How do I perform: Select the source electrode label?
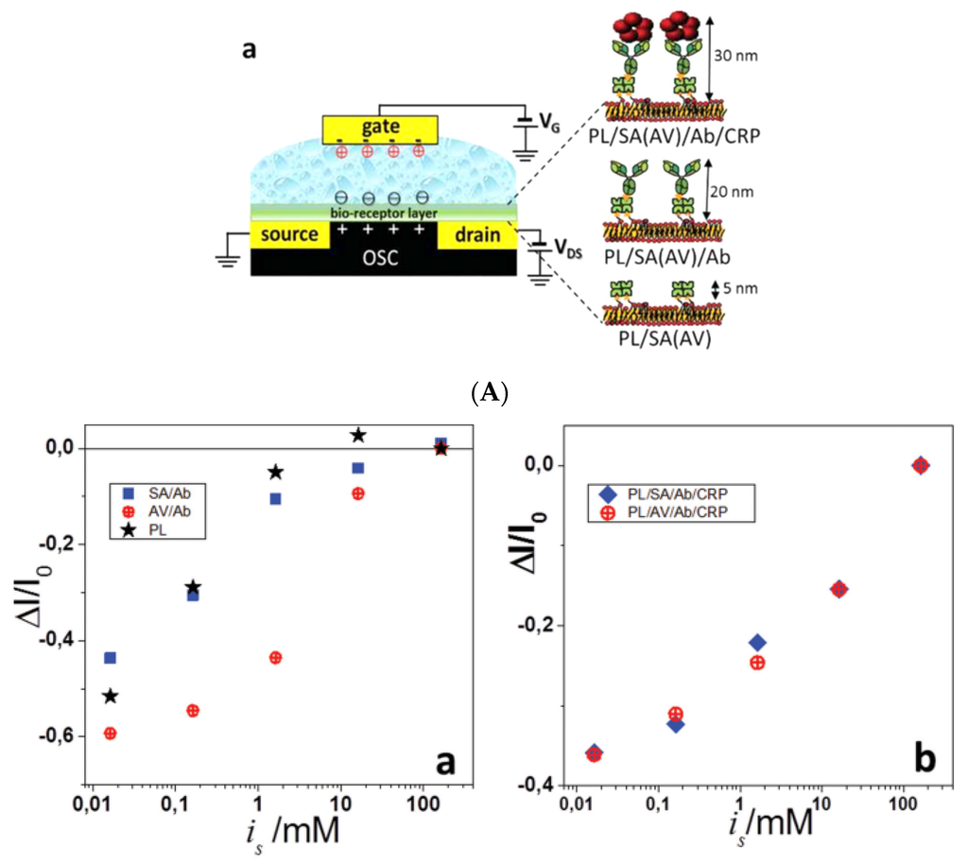tap(290, 233)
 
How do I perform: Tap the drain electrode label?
tap(477, 233)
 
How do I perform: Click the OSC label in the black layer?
tap(383, 259)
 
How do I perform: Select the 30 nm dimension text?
tap(738, 56)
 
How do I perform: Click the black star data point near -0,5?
tap(111, 697)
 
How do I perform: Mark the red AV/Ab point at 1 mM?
tap(275, 658)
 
